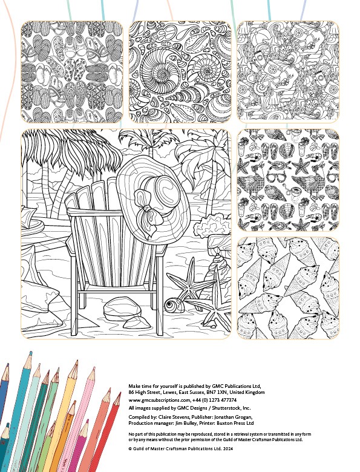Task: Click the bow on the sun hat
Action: pyautogui.click(x=148, y=211)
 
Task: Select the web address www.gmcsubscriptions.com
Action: pyautogui.click(x=160, y=401)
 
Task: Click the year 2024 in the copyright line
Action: pyautogui.click(x=227, y=448)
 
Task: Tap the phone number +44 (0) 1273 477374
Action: pyautogui.click(x=214, y=400)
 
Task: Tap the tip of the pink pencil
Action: pyautogui.click(x=93, y=369)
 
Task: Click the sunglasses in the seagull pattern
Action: pyautogui.click(x=276, y=177)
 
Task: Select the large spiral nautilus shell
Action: pyautogui.click(x=157, y=72)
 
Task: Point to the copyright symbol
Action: pyautogui.click(x=130, y=449)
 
